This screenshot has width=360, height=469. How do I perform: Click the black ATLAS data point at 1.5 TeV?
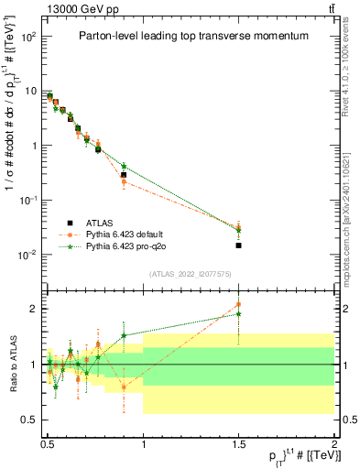(x=239, y=245)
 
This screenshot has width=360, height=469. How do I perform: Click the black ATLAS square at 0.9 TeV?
(x=124, y=174)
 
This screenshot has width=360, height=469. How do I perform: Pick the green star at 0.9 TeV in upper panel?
(x=124, y=166)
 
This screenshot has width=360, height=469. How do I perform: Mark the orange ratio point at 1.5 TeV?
(x=239, y=304)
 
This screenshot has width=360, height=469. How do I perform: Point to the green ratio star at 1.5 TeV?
(x=239, y=314)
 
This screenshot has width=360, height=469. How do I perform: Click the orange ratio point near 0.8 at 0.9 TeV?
(x=124, y=387)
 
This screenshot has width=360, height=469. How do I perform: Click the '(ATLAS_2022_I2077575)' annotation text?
(x=191, y=274)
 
